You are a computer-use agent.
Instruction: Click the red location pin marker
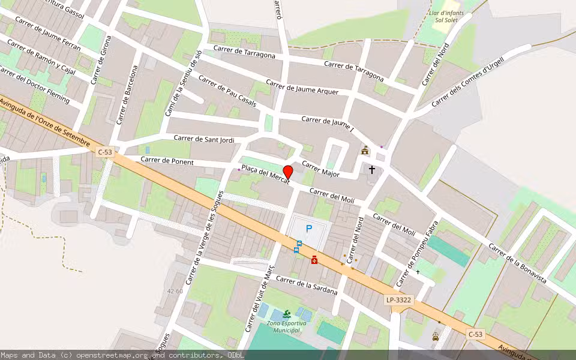tap(287, 172)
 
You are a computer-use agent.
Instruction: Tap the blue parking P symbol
tap(309, 228)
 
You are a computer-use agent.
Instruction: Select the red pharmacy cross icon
tap(314, 259)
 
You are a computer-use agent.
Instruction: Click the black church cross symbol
tap(372, 170)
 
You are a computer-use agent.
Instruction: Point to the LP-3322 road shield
tap(398, 299)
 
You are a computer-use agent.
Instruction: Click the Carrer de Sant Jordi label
tap(204, 139)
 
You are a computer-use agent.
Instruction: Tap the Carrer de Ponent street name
tap(167, 161)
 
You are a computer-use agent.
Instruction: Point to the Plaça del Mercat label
tap(265, 173)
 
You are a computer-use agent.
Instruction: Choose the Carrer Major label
tap(320, 169)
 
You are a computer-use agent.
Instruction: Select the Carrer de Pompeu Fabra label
tap(417, 252)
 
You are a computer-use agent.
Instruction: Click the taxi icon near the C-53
tap(435, 337)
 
